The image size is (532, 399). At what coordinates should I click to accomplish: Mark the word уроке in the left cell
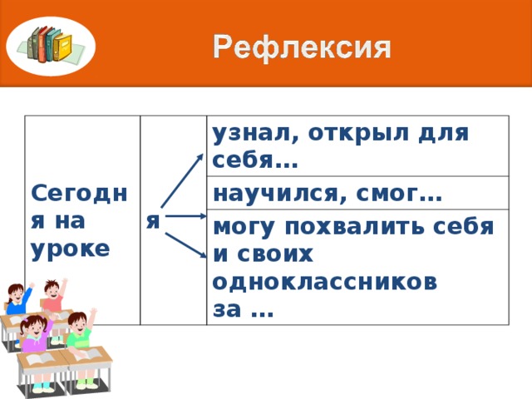point(70,249)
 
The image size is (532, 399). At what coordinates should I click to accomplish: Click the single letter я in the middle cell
point(152,221)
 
